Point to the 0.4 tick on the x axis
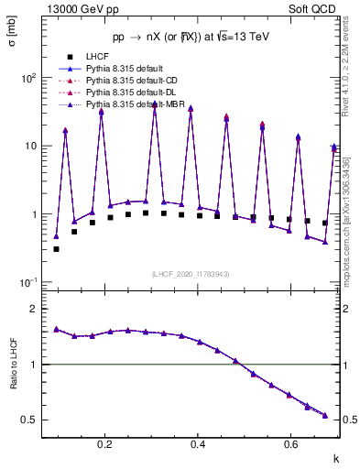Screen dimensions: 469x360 click(x=199, y=444)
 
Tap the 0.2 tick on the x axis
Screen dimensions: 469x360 click(x=106, y=444)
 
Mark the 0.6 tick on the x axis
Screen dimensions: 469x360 click(x=291, y=444)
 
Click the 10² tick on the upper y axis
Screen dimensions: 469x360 click(x=29, y=78)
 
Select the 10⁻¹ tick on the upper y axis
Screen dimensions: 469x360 click(x=28, y=282)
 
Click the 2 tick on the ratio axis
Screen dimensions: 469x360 click(x=34, y=309)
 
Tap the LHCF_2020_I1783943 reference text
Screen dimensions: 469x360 click(x=190, y=274)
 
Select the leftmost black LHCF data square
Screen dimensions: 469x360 click(x=56, y=249)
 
